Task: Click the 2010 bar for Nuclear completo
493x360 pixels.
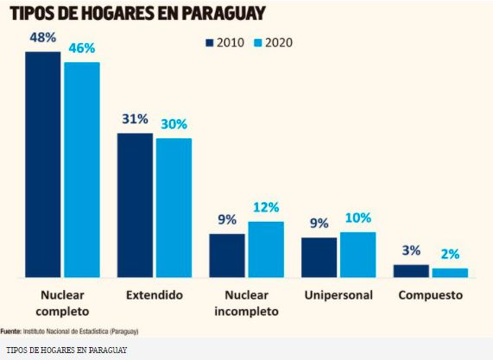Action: [x=42, y=164]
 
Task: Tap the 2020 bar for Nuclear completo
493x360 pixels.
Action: [x=81, y=169]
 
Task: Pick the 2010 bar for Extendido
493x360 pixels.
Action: [x=135, y=205]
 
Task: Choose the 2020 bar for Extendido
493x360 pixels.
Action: [x=174, y=207]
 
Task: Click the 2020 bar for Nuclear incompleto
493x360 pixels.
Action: [x=266, y=249]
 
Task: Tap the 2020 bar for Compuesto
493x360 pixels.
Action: [x=449, y=273]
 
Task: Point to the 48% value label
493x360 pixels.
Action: [x=42, y=38]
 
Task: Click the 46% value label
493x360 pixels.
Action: [x=82, y=49]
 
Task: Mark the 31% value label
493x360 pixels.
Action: [x=135, y=119]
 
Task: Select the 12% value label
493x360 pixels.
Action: [x=266, y=207]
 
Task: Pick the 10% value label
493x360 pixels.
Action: [x=357, y=218]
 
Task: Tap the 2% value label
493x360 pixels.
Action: [x=449, y=255]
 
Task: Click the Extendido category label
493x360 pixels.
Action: [x=154, y=295]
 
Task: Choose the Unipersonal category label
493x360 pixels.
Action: [x=338, y=295]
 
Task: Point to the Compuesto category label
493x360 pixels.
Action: [x=430, y=295]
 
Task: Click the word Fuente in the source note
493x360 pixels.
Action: [x=11, y=331]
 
